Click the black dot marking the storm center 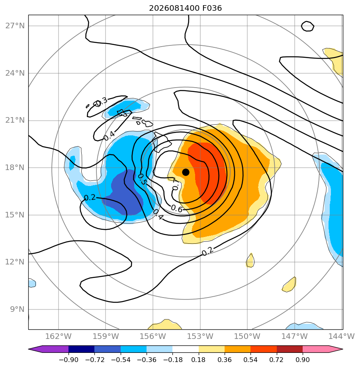pos(186,172)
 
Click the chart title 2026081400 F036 pos(186,8)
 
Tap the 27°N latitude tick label pos(15,25)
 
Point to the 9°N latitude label pos(17,309)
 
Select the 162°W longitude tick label pos(58,336)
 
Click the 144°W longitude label pos(341,336)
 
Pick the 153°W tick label pos(200,336)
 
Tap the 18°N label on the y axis pos(15,167)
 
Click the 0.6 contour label pos(176,208)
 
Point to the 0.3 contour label pos(101,102)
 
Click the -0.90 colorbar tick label pos(68,360)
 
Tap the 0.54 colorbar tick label pos(250,360)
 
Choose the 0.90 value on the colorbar pos(303,360)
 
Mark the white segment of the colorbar pos(186,349)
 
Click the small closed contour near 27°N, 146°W pos(307,26)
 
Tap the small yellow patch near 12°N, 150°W pos(250,260)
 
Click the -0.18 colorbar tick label pos(172,360)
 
